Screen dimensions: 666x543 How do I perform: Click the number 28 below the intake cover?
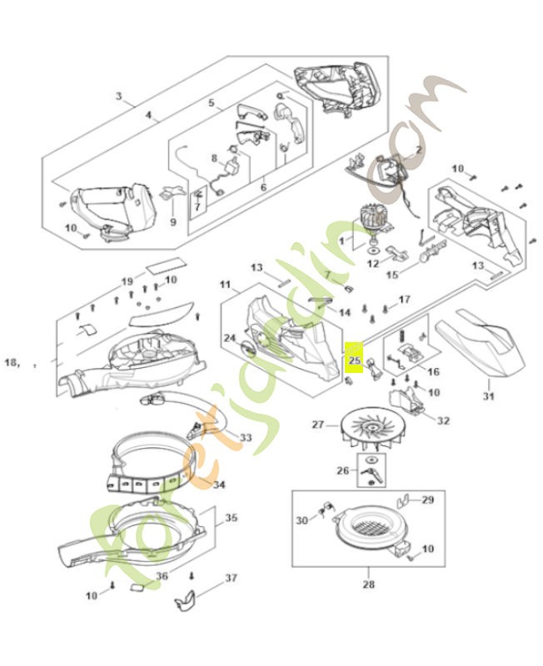pyautogui.click(x=368, y=584)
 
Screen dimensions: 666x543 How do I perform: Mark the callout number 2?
pyautogui.click(x=419, y=149)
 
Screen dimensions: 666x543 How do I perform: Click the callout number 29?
pyautogui.click(x=428, y=499)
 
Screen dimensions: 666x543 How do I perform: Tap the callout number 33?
pyautogui.click(x=245, y=437)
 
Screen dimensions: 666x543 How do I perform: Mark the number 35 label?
pyautogui.click(x=231, y=518)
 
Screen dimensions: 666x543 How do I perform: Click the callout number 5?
pyautogui.click(x=212, y=104)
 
